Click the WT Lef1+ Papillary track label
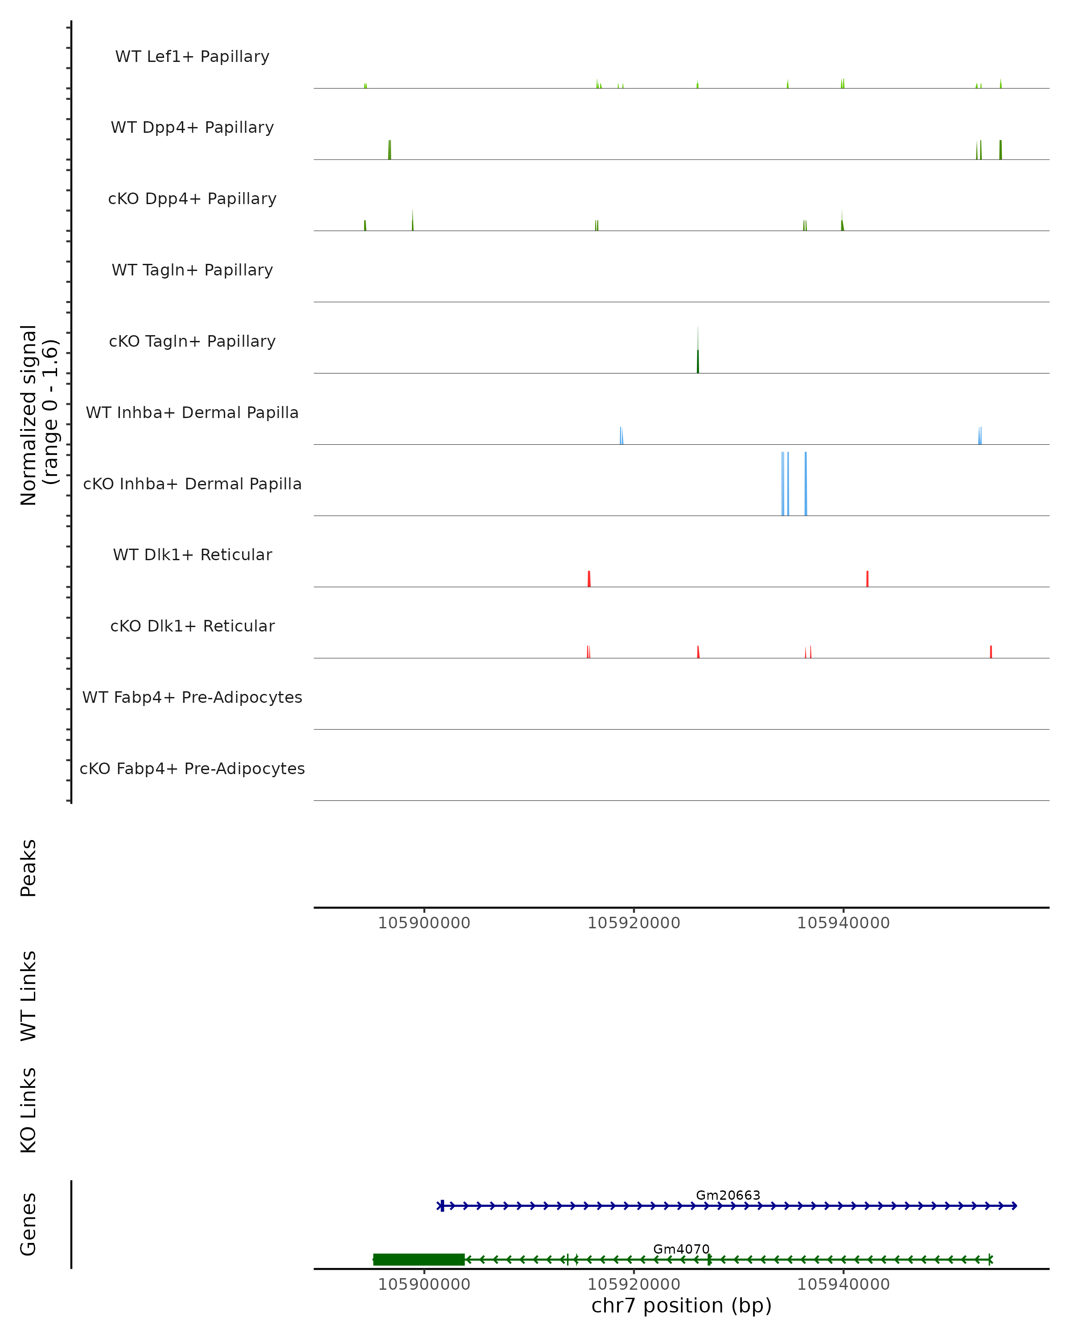[x=192, y=57]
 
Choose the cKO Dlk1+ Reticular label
[x=192, y=626]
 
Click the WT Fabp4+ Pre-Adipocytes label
[x=192, y=697]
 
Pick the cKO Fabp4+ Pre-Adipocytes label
[x=192, y=768]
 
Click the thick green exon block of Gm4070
[x=419, y=1259]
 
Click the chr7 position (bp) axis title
[x=681, y=1305]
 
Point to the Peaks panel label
[x=29, y=868]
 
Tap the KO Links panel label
[x=29, y=1110]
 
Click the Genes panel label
[x=29, y=1224]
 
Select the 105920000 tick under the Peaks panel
[x=634, y=923]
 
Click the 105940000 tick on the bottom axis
[x=843, y=1284]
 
